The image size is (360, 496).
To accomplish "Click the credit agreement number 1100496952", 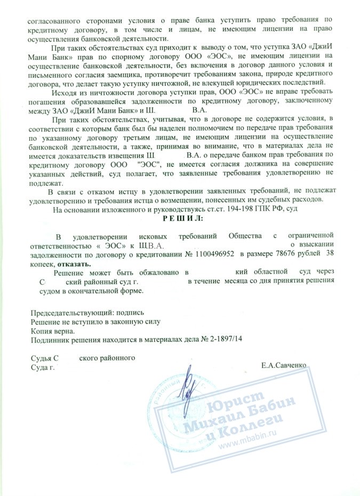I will [x=210, y=255].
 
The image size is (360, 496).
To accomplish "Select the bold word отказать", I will [x=76, y=263].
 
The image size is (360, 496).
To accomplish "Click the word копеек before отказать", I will [x=42, y=263].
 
